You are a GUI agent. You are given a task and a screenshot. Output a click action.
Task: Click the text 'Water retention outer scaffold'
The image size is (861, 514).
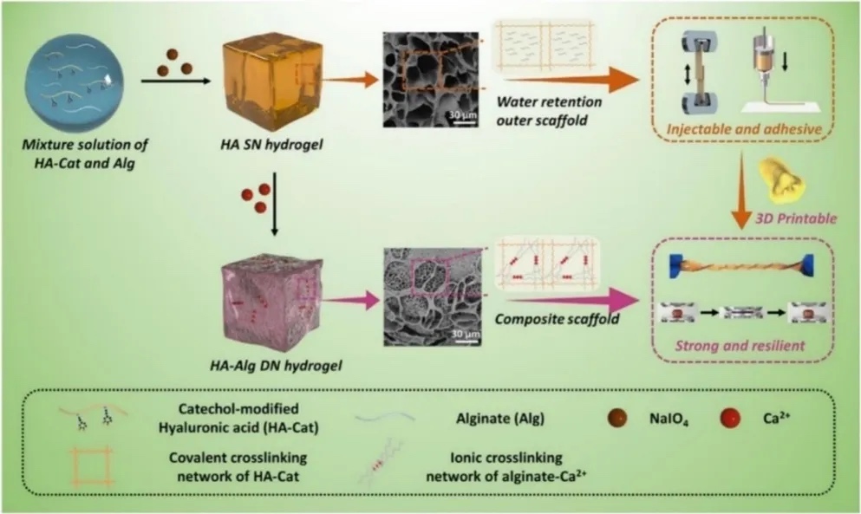550,109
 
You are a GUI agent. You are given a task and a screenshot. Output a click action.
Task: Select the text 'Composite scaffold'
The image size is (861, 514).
545,319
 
